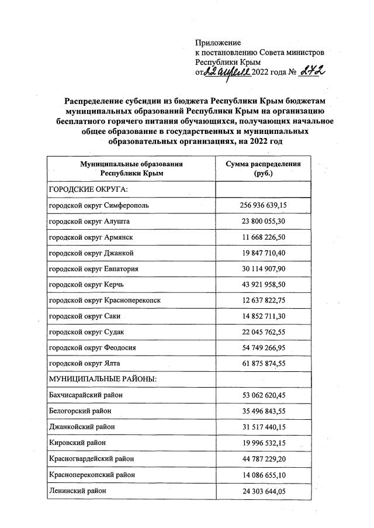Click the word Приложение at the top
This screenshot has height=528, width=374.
[x=218, y=43]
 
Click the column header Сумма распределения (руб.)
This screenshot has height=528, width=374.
[x=263, y=169]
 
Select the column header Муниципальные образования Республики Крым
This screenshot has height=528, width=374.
[x=131, y=169]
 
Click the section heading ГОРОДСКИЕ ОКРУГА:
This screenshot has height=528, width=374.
[x=88, y=189]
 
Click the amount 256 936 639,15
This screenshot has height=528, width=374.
[x=263, y=206]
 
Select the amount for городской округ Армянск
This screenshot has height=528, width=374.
[x=263, y=237]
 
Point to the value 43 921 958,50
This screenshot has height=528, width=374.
[x=263, y=285]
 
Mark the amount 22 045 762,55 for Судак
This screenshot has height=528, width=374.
[x=263, y=332]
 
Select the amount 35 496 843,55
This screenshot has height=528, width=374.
[x=263, y=412]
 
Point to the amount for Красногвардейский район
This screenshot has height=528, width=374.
[x=263, y=459]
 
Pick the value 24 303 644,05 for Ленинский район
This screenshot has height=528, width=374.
[x=263, y=491]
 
